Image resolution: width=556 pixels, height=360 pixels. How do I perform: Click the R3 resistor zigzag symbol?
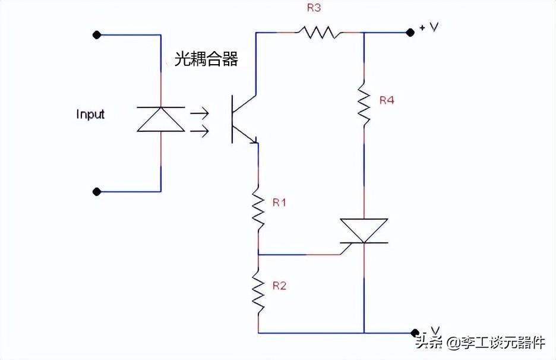321,32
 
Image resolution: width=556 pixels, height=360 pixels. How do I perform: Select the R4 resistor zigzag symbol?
364,105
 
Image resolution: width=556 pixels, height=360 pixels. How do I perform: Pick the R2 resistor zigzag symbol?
258,291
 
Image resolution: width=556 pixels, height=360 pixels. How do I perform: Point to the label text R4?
387,100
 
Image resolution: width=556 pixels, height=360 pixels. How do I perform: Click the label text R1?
279,203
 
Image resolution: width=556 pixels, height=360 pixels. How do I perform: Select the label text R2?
279,286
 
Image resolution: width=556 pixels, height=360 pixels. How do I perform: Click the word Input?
90,114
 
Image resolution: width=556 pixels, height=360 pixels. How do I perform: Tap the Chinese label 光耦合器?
206,59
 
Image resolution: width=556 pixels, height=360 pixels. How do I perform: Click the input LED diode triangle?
161,119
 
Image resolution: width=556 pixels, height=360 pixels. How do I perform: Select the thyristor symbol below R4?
364,230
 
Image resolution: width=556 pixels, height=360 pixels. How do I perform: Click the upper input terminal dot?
97,35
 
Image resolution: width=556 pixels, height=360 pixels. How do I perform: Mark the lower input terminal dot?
97,191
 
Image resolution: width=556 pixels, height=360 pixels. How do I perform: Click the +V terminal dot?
409,33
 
